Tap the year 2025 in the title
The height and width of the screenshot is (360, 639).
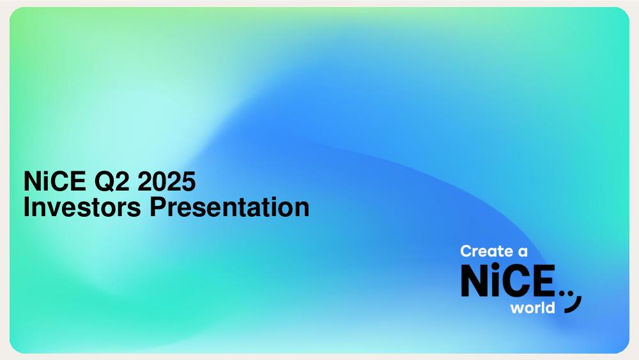coord(166,181)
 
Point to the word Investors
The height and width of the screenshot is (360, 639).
coord(82,207)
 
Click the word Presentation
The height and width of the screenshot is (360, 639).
coord(229,207)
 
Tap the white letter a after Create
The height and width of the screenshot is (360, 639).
coord(523,252)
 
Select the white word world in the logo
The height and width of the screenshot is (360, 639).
coord(533,308)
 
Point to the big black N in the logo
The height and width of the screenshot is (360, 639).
coord(474,280)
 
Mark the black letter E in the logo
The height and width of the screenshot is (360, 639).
coord(544,280)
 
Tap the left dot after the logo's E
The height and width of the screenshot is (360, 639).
coord(563,292)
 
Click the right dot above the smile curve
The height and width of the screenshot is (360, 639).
coord(571,292)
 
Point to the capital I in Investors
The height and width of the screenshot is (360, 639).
coord(26,207)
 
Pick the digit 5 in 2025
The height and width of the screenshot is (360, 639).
coord(189,182)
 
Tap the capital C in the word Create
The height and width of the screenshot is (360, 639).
coord(466,251)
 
